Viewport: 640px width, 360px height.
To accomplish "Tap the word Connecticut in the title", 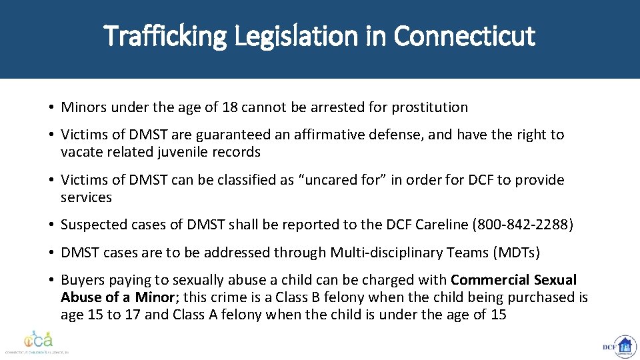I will pyautogui.click(x=464, y=36).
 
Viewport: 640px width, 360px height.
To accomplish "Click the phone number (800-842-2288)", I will pyautogui.click(x=523, y=225).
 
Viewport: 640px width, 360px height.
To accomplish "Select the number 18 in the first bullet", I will pyautogui.click(x=231, y=107).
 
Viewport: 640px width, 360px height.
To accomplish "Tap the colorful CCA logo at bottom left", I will pyautogui.click(x=38, y=340).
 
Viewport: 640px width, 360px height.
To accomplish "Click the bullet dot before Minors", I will pyautogui.click(x=51, y=107).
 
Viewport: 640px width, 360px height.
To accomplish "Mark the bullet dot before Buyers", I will pyautogui.click(x=51, y=280).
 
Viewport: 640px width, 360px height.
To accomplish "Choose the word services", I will pyautogui.click(x=86, y=197).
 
